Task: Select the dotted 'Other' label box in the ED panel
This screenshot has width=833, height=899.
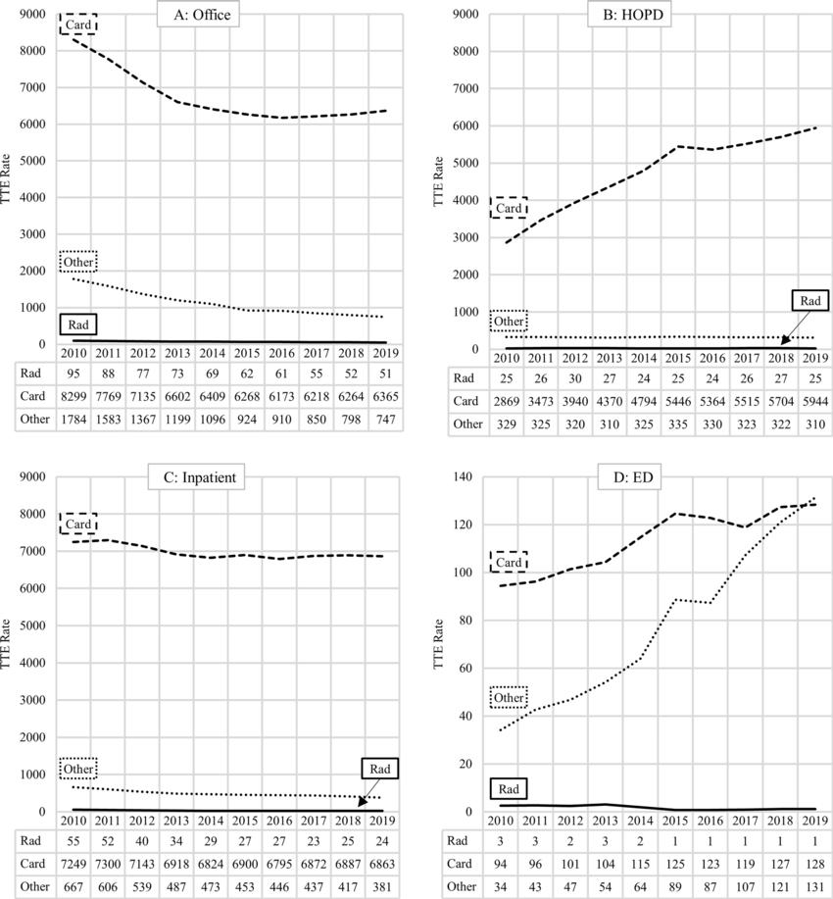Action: [x=509, y=698]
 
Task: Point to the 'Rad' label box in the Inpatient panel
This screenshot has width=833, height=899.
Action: [x=379, y=770]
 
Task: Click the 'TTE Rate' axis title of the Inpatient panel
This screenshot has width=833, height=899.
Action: [x=12, y=647]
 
